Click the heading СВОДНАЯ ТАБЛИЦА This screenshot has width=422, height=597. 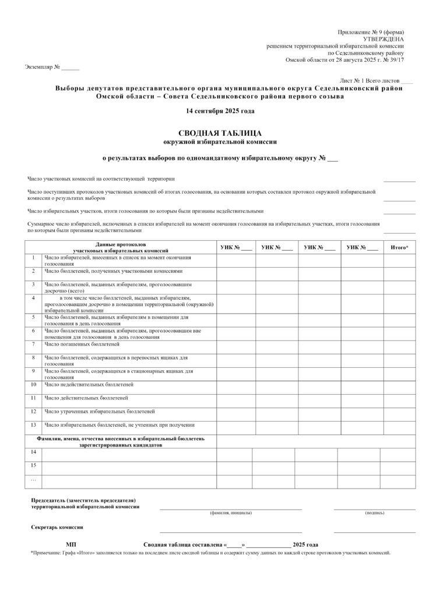tap(220, 132)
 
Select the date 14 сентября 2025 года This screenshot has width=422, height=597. tap(220, 111)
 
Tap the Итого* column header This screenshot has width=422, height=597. tap(399, 248)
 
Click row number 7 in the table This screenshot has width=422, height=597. tap(33, 344)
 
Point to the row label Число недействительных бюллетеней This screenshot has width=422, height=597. tap(89, 384)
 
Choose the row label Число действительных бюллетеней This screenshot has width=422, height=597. tap(86, 398)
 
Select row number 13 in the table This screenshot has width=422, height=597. tap(33, 424)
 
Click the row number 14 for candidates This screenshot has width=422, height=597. tap(33, 452)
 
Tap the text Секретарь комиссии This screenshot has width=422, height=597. tap(57, 527)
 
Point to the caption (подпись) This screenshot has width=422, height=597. tap(374, 513)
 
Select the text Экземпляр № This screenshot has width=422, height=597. tap(43, 67)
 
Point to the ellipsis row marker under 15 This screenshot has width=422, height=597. tap(33, 479)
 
